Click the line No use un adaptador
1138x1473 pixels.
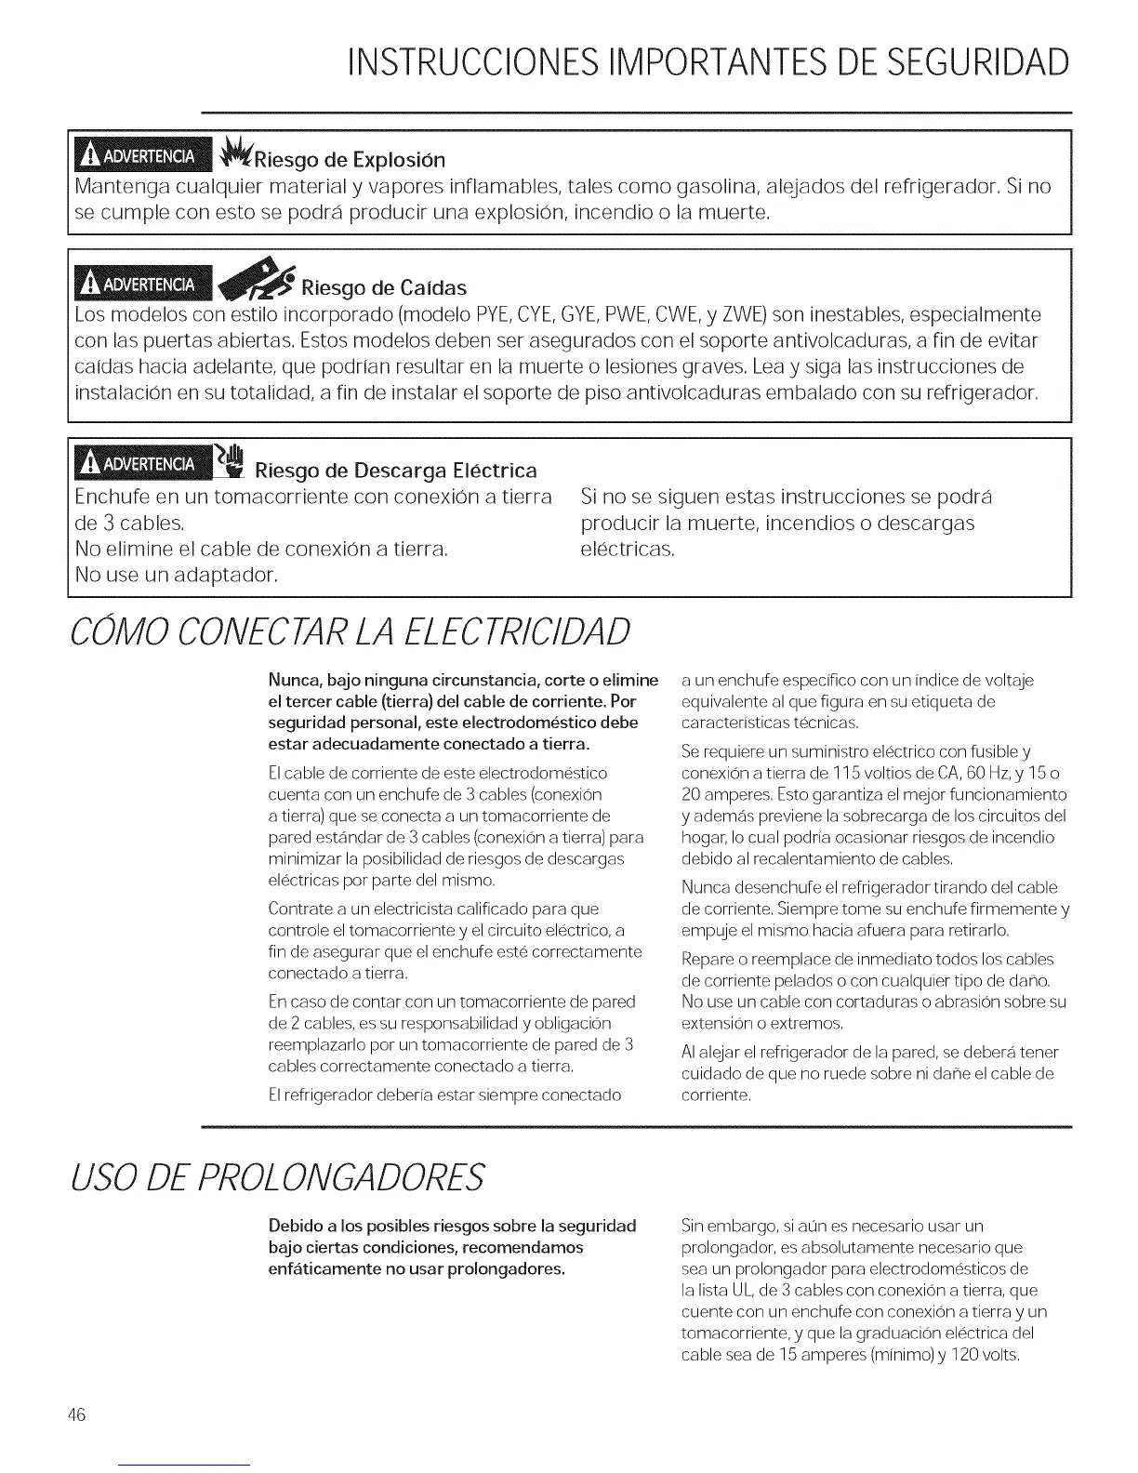pos(177,576)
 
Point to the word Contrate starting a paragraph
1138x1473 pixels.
pos(296,909)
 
